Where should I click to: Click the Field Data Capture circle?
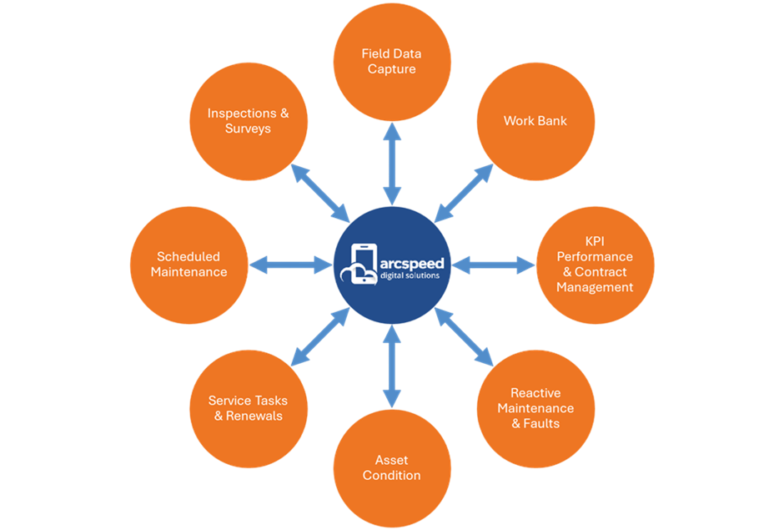392,61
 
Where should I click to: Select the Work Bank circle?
535,121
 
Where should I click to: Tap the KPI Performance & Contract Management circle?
595,265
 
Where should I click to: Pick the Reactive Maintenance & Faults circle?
535,408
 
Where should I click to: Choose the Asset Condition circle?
392,467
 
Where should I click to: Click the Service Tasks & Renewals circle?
249,408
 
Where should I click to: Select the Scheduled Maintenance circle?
189,265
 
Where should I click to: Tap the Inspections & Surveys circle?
249,121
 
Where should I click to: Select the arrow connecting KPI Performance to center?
493,265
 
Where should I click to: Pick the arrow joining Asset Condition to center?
392,367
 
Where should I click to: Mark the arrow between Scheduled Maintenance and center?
290,265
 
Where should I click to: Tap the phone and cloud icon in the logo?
360,265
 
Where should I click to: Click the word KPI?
595,242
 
